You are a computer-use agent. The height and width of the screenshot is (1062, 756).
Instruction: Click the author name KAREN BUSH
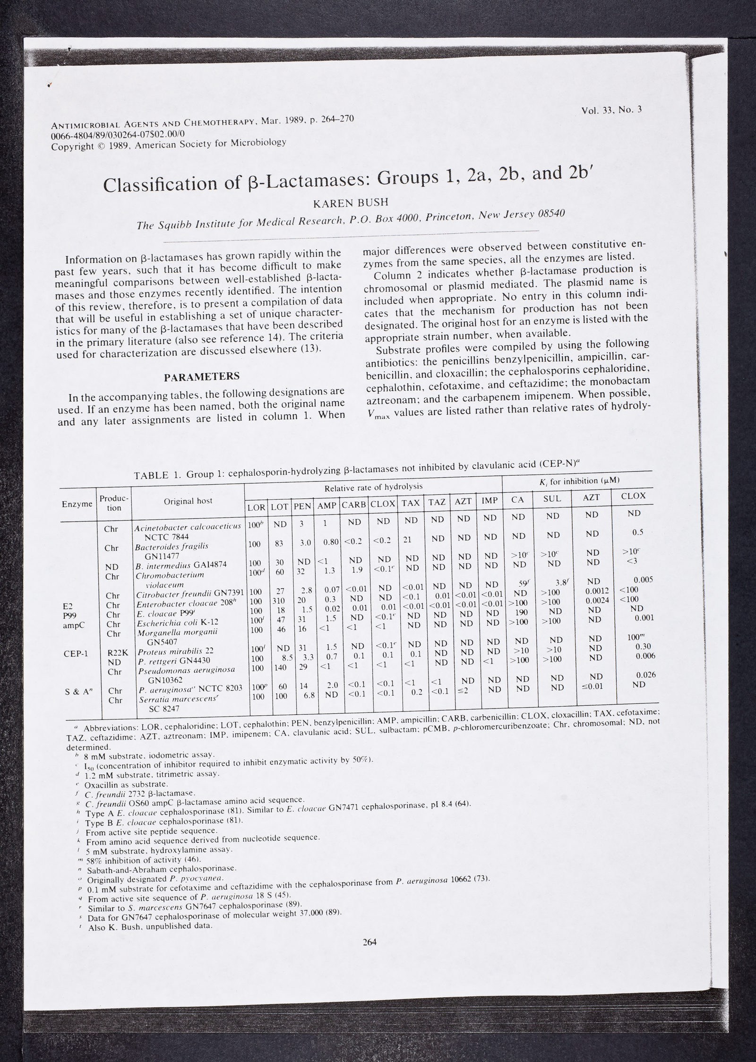pos(350,203)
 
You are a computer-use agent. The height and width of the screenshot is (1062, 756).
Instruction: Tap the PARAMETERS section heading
pos(202,376)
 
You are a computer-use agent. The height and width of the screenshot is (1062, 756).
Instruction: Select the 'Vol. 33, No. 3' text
pos(612,111)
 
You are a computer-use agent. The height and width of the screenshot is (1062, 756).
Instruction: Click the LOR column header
pos(257,508)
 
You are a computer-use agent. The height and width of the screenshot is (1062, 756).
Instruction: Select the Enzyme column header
pos(77,504)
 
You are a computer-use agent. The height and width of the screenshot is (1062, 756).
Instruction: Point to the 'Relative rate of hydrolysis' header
pos(373,487)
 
